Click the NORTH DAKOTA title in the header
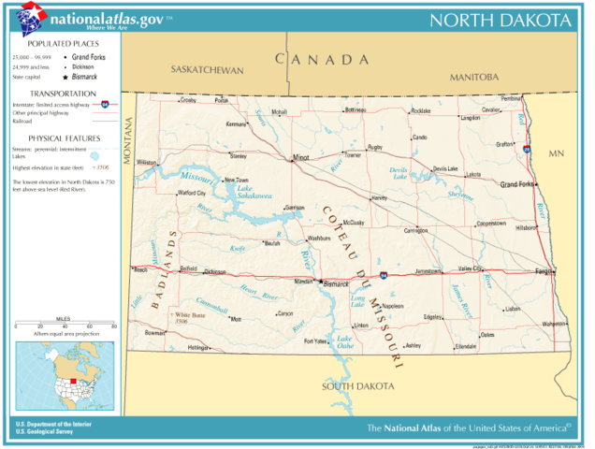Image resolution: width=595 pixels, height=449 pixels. pyautogui.click(x=501, y=21)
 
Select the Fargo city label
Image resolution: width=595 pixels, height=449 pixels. pyautogui.click(x=544, y=271)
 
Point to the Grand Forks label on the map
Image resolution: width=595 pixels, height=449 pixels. pyautogui.click(x=517, y=184)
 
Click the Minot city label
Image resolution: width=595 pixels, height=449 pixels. pyautogui.click(x=300, y=157)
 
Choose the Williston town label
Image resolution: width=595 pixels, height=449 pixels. pyautogui.click(x=147, y=162)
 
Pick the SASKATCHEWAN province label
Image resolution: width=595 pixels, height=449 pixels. pyautogui.click(x=207, y=70)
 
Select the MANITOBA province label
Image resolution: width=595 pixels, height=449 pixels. pyautogui.click(x=474, y=77)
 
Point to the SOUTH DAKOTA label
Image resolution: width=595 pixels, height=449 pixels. pyautogui.click(x=358, y=386)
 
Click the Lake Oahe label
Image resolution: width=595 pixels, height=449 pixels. pyautogui.click(x=344, y=341)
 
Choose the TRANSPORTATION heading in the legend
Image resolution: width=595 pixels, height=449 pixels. pyautogui.click(x=63, y=94)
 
